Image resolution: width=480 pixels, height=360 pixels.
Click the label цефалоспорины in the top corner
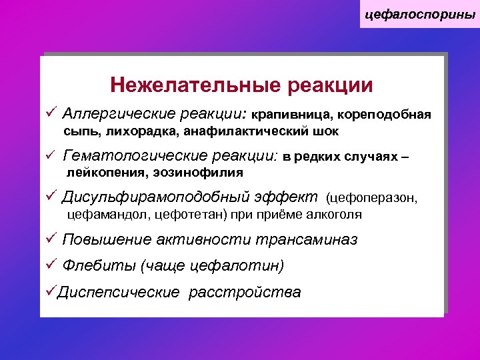pyautogui.click(x=420, y=13)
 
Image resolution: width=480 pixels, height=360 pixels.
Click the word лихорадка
pyautogui.click(x=145, y=132)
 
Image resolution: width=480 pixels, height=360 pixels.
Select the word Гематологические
pyautogui.click(x=134, y=156)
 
